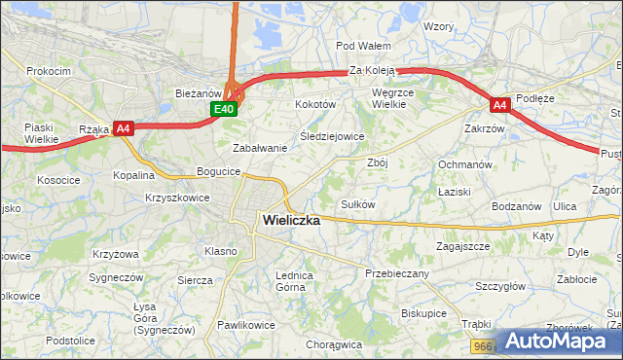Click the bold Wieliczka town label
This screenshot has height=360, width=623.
[291, 221]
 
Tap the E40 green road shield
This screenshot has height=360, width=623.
[224, 110]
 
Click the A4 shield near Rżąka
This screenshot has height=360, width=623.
[123, 127]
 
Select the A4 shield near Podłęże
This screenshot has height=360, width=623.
[499, 105]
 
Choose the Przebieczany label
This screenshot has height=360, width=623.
[397, 273]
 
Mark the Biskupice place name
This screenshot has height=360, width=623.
[423, 313]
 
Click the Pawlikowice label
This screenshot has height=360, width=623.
[246, 325]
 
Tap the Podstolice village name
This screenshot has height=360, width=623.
[69, 341]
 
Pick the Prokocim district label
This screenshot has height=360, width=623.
[49, 71]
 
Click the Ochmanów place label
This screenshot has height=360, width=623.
[465, 165]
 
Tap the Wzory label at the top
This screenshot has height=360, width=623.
[439, 26]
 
